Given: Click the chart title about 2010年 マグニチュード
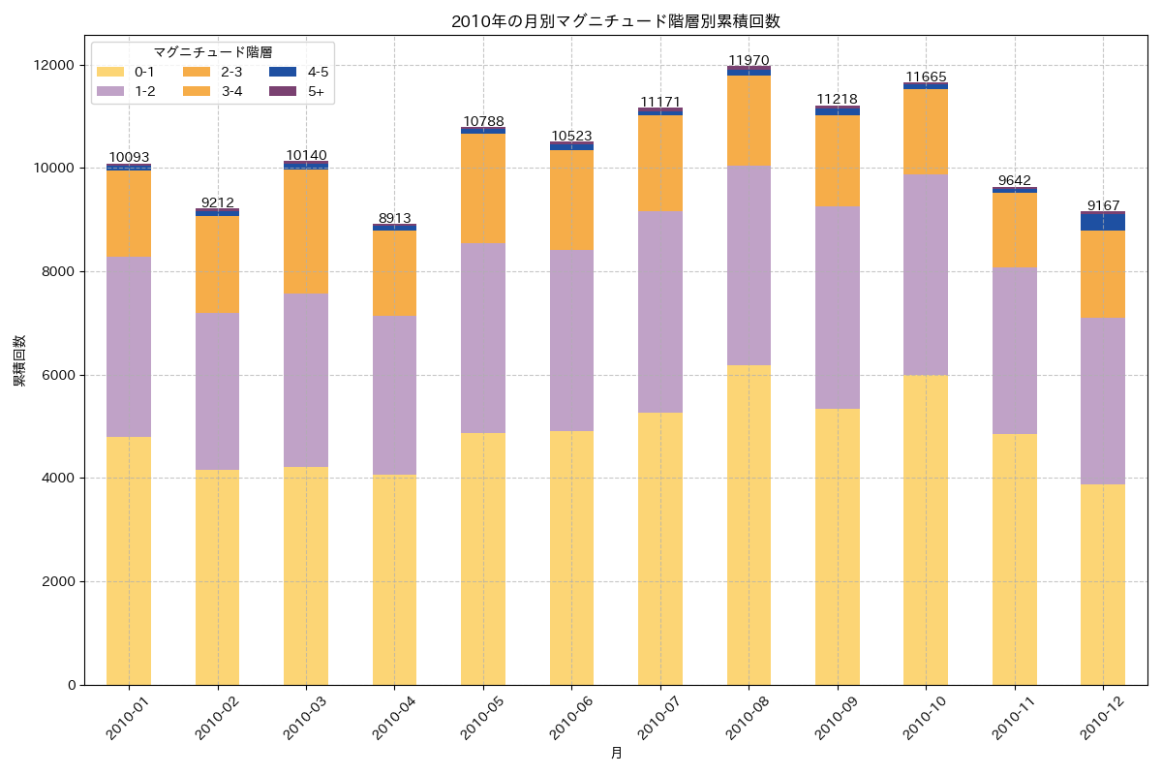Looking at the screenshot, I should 615,21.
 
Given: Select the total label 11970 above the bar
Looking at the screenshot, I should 749,60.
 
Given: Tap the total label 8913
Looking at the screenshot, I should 394,218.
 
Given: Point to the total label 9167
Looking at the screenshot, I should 1103,205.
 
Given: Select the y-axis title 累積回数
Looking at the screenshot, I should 19,361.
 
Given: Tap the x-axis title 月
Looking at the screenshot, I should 616,753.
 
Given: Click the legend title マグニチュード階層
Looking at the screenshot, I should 212,52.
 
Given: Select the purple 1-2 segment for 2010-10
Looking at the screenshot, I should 926,274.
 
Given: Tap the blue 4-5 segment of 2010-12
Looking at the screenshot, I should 1103,222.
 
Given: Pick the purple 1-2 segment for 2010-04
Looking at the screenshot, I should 394,395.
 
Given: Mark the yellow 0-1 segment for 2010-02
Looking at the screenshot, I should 217,577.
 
